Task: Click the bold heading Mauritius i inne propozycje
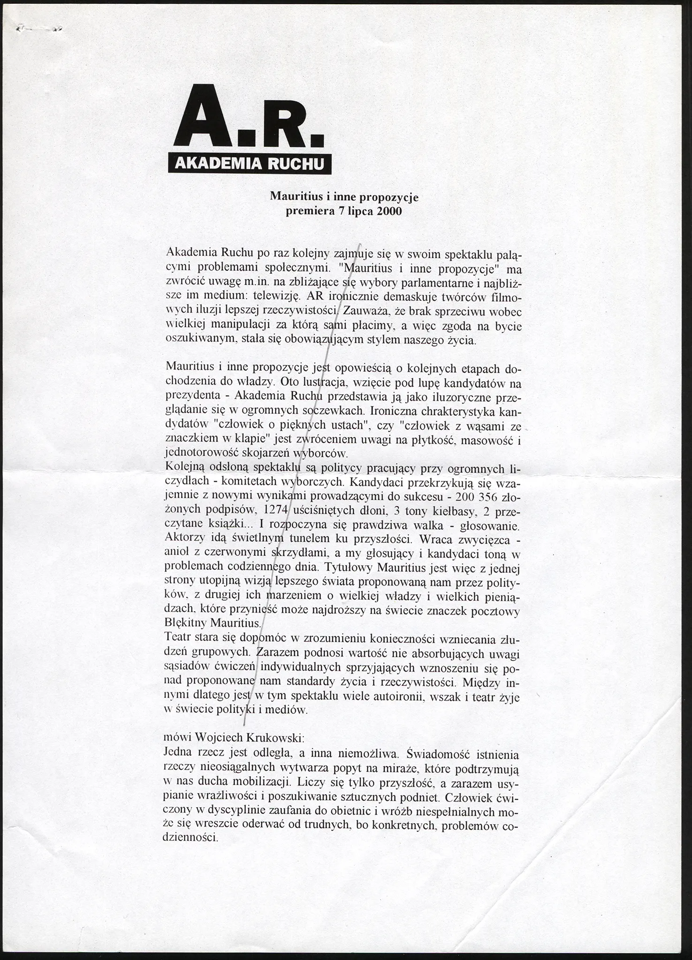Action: coord(344,197)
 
